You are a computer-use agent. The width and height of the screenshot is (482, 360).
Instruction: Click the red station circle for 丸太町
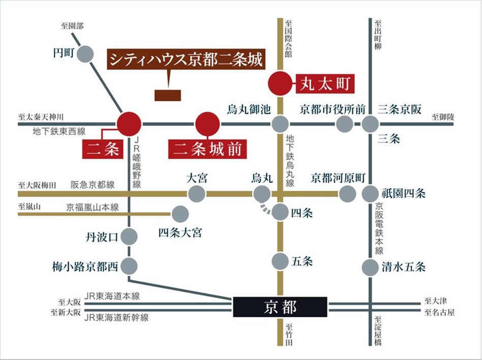(x=280, y=83)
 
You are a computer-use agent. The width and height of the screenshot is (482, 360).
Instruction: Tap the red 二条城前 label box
(x=208, y=149)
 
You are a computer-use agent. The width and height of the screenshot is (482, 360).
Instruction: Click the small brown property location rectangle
(x=167, y=95)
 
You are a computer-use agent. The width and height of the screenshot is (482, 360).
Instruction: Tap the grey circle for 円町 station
(x=86, y=54)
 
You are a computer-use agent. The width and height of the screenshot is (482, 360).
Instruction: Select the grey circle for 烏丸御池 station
(x=280, y=124)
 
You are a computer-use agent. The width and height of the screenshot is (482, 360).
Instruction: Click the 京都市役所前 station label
(x=333, y=109)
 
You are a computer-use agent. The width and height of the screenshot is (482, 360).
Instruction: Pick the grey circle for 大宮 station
(x=197, y=193)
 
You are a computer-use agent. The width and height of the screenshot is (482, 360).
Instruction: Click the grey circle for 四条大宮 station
(x=180, y=214)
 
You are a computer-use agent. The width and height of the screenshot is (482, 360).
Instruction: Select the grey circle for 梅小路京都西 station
(x=130, y=265)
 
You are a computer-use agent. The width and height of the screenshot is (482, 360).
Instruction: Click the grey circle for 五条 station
(x=280, y=262)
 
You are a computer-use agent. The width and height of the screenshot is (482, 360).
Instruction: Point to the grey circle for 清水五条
(x=370, y=267)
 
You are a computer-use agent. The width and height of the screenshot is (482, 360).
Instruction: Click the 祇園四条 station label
(x=403, y=193)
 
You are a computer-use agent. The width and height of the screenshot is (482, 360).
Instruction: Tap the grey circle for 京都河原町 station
(x=347, y=193)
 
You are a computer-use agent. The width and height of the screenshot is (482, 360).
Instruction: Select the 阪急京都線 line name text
(x=93, y=185)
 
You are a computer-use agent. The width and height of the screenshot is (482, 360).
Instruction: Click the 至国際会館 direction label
(x=289, y=38)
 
